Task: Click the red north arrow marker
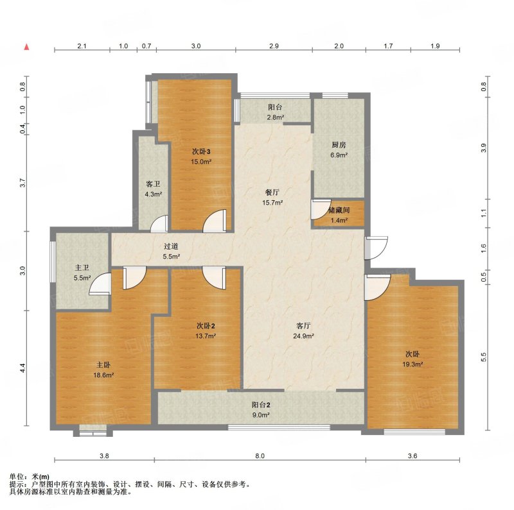point(27,47)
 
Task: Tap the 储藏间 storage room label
point(339,210)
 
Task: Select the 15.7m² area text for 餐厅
point(272,203)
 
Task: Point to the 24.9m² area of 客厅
point(303,336)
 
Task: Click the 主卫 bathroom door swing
point(100,284)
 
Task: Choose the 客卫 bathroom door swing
point(159,224)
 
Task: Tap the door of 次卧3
point(215,221)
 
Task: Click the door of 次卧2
point(215,278)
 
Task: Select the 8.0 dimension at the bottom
point(260,455)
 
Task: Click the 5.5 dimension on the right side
point(483,357)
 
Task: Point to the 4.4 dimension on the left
point(22,368)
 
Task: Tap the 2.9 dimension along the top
point(274,46)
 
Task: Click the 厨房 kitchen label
point(339,145)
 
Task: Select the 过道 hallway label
point(171,246)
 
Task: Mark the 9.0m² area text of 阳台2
point(261,415)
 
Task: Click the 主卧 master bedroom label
point(103,364)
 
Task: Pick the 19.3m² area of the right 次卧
point(412,364)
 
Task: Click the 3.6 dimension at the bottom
point(412,455)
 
